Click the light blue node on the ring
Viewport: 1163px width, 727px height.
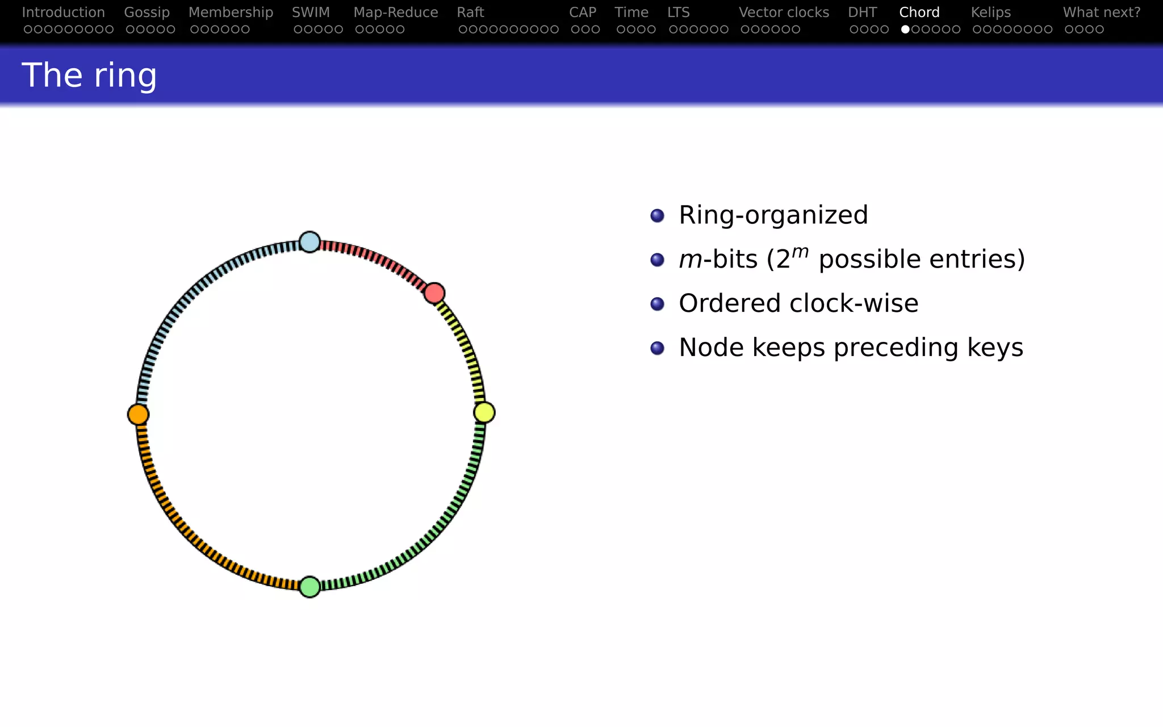pos(309,242)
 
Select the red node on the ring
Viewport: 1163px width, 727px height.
pos(434,293)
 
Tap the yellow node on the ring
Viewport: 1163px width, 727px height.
pos(484,412)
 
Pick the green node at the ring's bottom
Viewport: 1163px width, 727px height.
pos(309,587)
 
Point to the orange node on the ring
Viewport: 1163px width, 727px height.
pos(138,415)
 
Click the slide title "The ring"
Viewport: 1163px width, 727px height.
pos(89,75)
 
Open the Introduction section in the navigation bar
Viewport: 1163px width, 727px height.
pos(63,12)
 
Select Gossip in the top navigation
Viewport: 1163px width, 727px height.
pos(147,12)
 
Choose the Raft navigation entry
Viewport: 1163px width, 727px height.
pos(470,12)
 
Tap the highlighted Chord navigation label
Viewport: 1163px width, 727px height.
pos(919,12)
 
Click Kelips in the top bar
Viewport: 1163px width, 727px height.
pos(990,12)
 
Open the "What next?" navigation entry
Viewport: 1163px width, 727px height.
pos(1101,12)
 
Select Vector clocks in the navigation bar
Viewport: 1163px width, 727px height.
pos(784,12)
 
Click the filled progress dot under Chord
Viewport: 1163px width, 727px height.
pos(905,30)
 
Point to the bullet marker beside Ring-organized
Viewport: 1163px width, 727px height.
pos(657,216)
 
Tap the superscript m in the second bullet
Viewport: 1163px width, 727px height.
pos(800,251)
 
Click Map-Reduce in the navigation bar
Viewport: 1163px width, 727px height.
pos(395,12)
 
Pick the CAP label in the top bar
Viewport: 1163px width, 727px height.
pos(583,12)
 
